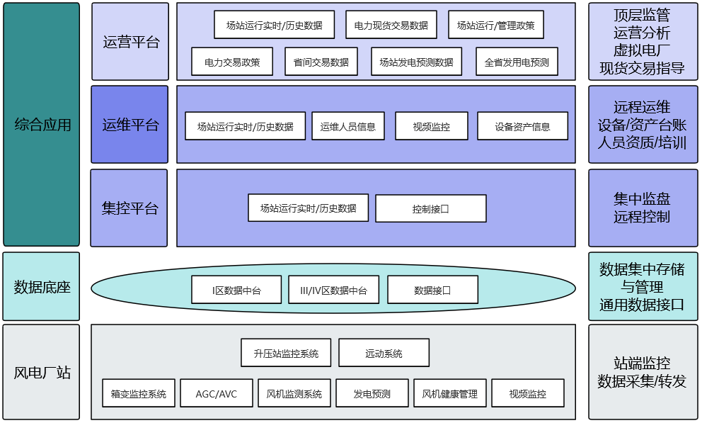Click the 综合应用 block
click(42, 125)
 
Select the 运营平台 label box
click(130, 42)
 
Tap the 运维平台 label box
click(130, 125)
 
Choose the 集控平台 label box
click(130, 208)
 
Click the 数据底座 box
click(42, 287)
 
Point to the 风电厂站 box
click(42, 372)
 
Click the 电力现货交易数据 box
click(391, 25)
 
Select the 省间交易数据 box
click(321, 62)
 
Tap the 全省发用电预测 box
click(517, 62)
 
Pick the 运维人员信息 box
click(347, 126)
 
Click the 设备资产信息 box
click(522, 126)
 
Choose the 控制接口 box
click(430, 208)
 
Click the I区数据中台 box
click(236, 290)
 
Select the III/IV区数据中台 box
click(333, 290)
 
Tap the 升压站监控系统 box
click(285, 353)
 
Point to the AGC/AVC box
click(216, 393)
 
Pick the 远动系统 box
click(384, 353)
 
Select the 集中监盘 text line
click(642, 199)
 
